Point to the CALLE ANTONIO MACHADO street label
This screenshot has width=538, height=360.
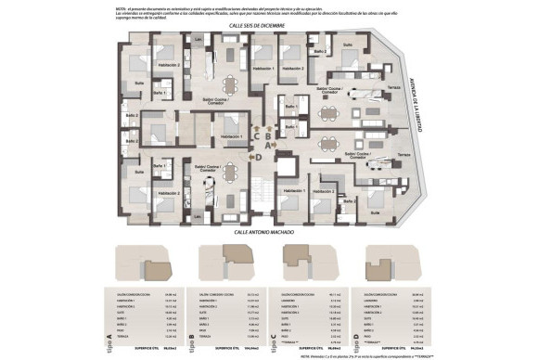(269, 232)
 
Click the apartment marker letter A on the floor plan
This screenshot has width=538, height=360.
(268, 146)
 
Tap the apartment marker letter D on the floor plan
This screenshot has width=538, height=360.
(259, 157)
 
